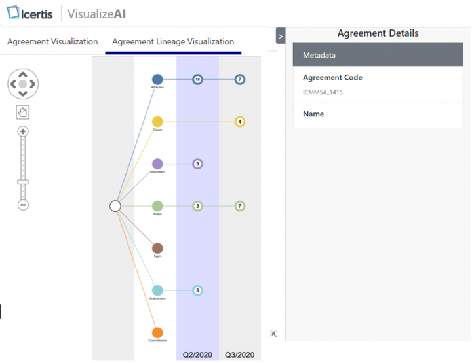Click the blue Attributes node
pyautogui.click(x=157, y=79)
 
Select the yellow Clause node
pyautogui.click(x=157, y=122)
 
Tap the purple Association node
pyautogui.click(x=157, y=164)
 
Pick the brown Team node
pyautogui.click(x=157, y=249)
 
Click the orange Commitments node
pyautogui.click(x=157, y=333)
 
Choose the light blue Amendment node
pyautogui.click(x=157, y=290)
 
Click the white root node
pyautogui.click(x=115, y=206)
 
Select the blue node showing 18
pyautogui.click(x=197, y=79)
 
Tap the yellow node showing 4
pyautogui.click(x=240, y=122)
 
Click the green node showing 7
pyautogui.click(x=240, y=206)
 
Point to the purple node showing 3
pyautogui.click(x=197, y=164)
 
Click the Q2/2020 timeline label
pyautogui.click(x=197, y=355)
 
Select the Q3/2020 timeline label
pyautogui.click(x=239, y=355)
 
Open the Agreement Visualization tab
pyautogui.click(x=52, y=41)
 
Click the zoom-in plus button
pyautogui.click(x=23, y=131)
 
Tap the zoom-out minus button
pyautogui.click(x=23, y=205)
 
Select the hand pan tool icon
pyautogui.click(x=23, y=112)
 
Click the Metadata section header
pyautogui.click(x=378, y=55)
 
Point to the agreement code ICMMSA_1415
pyautogui.click(x=323, y=92)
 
